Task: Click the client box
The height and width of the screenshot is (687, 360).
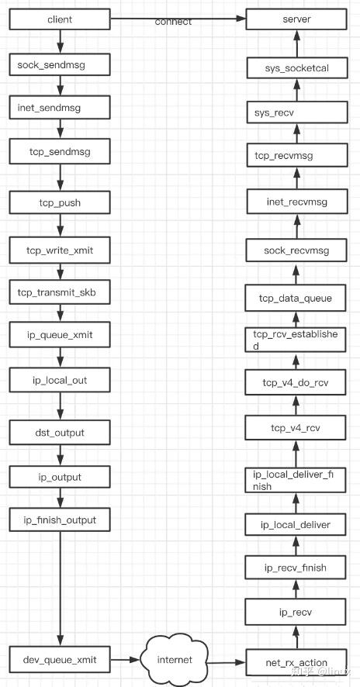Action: (60, 19)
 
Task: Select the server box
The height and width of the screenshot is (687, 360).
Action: (296, 19)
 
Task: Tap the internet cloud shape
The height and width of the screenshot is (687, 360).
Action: (174, 659)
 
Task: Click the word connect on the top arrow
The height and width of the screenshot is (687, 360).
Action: (173, 22)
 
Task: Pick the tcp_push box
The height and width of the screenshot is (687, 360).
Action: (60, 203)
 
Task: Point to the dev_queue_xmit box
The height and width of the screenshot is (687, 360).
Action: (60, 659)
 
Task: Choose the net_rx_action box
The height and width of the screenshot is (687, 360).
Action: (296, 662)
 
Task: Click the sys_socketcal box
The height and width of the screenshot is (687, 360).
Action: (297, 69)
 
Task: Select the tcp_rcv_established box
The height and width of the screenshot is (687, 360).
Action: (296, 340)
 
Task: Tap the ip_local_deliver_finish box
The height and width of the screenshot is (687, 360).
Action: (296, 480)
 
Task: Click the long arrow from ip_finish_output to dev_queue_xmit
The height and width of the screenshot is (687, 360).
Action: (60, 589)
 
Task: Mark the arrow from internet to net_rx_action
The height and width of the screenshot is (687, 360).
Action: (227, 662)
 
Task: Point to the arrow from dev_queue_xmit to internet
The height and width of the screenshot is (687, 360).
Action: (126, 659)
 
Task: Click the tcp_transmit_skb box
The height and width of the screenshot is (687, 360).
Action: (60, 293)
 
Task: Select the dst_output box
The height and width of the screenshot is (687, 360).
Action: (60, 433)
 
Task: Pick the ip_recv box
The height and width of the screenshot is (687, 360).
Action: (296, 612)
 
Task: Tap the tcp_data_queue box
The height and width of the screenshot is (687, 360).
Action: (296, 299)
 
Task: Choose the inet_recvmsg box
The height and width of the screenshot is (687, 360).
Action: (296, 202)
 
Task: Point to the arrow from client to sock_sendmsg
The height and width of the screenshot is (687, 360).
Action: (60, 42)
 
